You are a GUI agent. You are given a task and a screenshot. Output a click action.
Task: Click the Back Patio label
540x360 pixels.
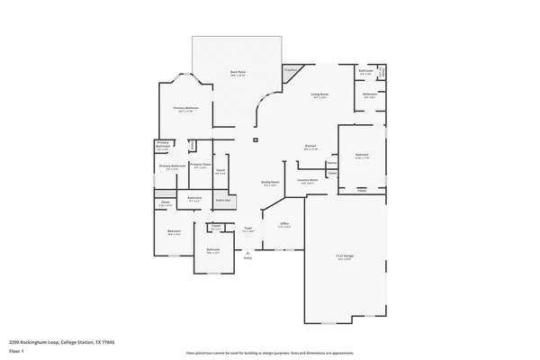click(x=238, y=72)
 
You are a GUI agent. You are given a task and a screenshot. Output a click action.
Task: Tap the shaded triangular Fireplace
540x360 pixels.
click(x=292, y=72)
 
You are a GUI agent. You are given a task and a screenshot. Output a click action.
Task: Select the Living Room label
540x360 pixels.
click(x=319, y=94)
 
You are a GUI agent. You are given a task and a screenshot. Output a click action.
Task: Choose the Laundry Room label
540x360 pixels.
click(x=309, y=181)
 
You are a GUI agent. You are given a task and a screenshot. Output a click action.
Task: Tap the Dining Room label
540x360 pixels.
click(x=270, y=183)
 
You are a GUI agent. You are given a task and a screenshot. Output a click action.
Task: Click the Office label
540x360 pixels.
click(x=283, y=225)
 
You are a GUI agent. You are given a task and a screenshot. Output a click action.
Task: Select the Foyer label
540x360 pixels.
click(x=247, y=230)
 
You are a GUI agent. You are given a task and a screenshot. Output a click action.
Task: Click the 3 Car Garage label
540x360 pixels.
click(x=345, y=257)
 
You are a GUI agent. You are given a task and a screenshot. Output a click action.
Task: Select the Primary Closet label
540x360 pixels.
click(x=200, y=165)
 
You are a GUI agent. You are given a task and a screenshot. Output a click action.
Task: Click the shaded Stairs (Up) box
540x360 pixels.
click(x=221, y=200)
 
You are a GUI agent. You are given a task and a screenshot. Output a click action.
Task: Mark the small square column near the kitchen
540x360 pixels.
click(x=256, y=140)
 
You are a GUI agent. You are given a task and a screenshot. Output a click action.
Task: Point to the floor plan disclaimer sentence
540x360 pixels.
click(x=269, y=354)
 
